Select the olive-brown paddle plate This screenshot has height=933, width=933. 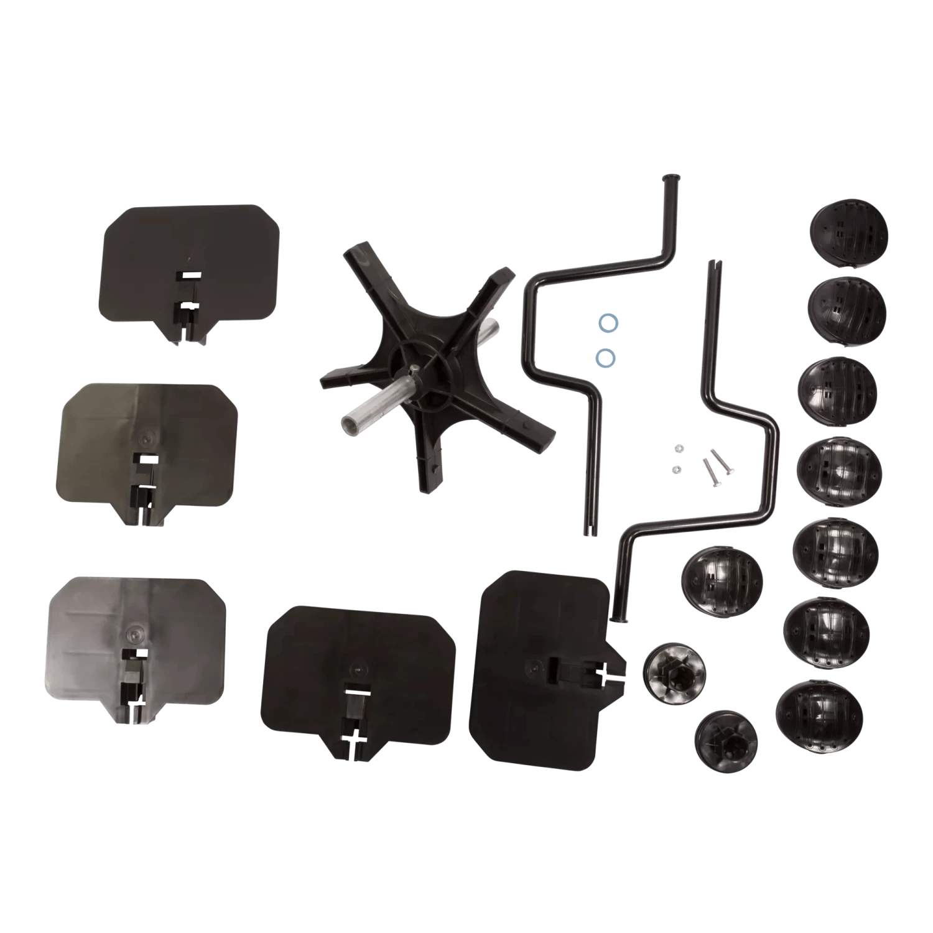pos(148,445)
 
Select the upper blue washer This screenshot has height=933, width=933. pos(605,322)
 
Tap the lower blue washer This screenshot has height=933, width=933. pos(603,356)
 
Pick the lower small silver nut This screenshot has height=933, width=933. pos(678,468)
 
